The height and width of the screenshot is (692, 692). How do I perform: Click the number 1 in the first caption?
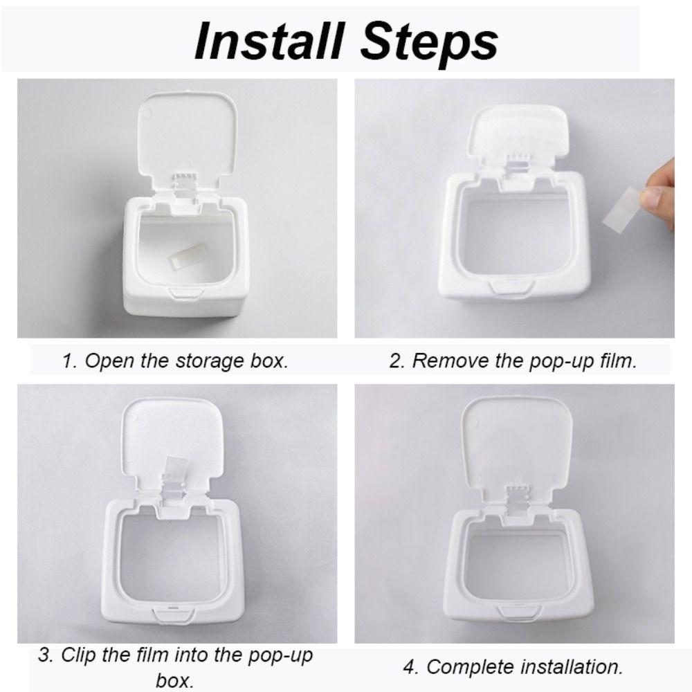click(x=68, y=361)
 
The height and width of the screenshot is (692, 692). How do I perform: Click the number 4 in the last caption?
click(x=409, y=667)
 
